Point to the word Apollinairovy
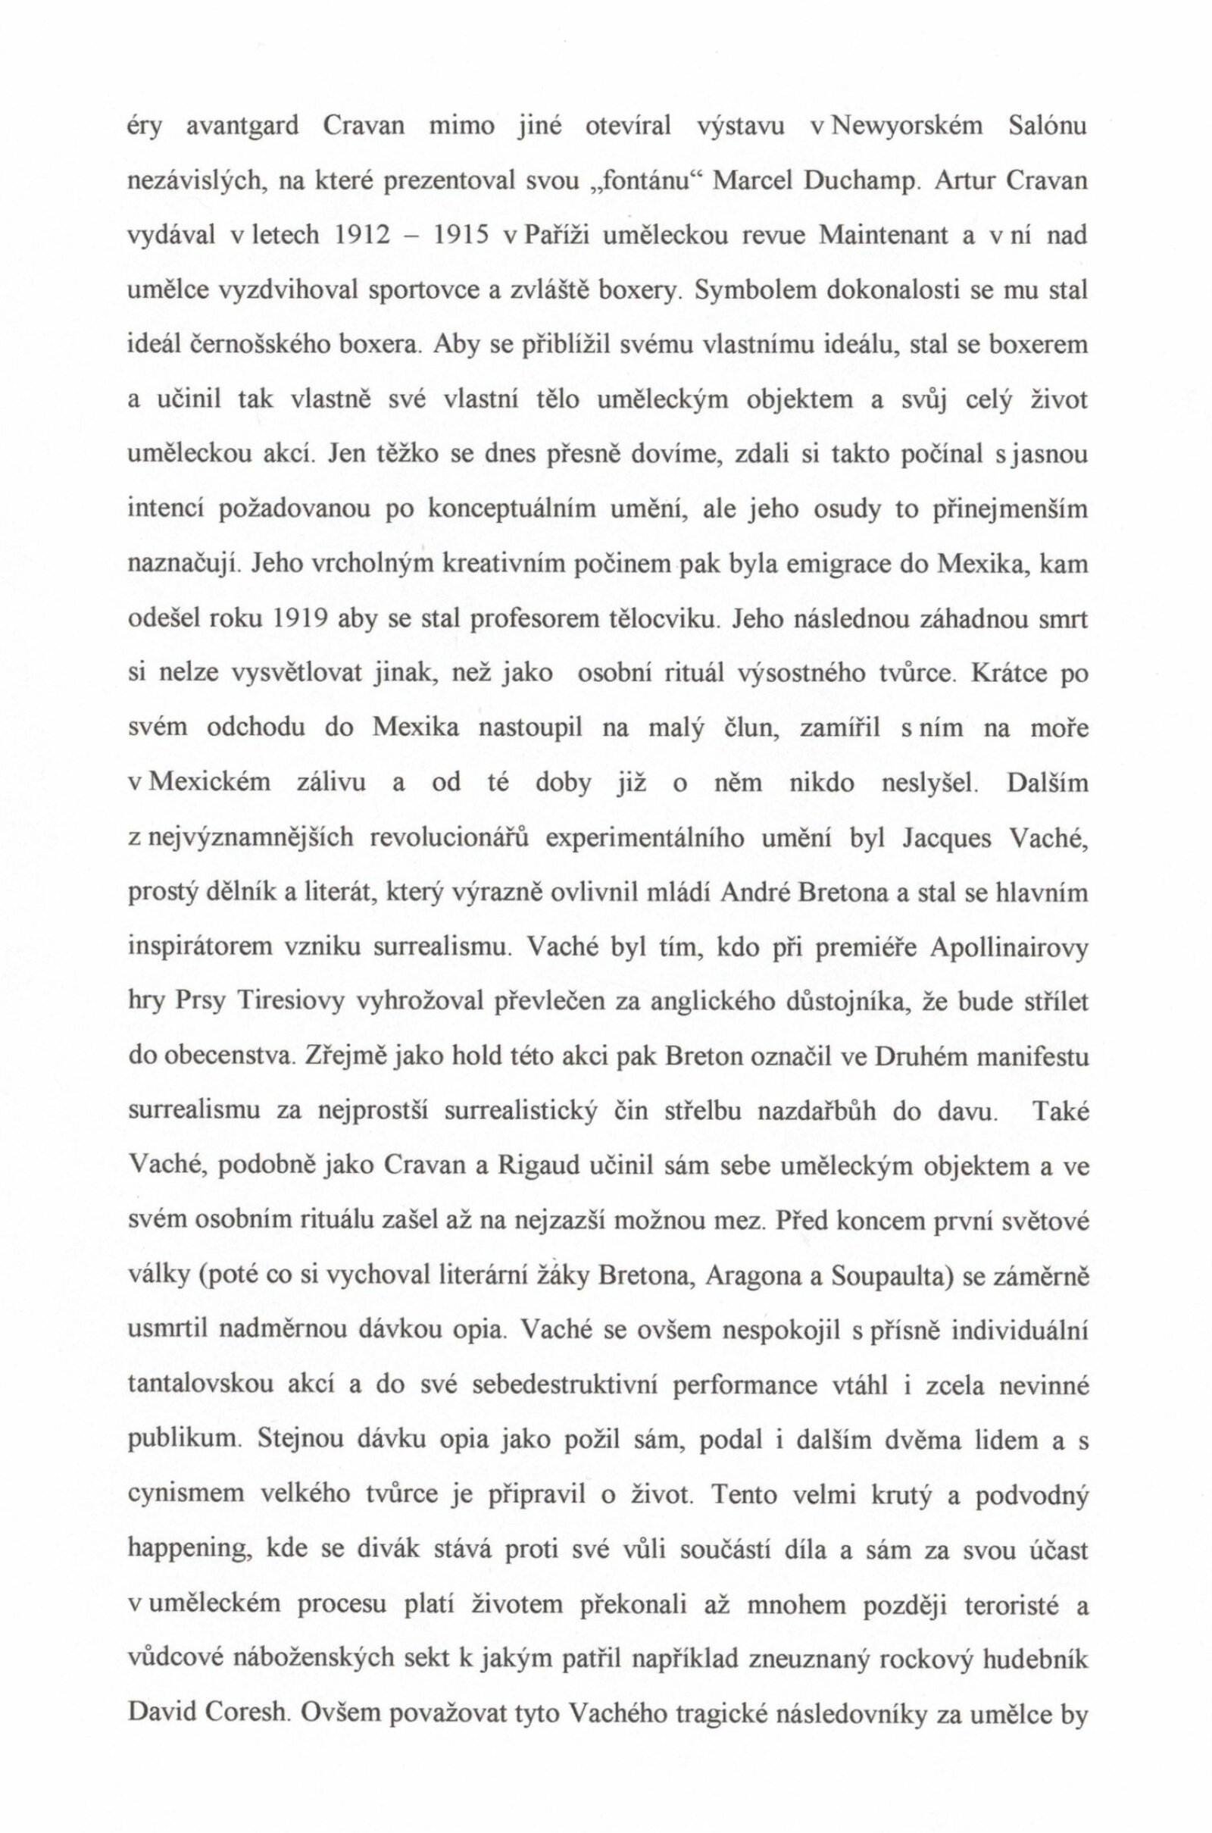pyautogui.click(x=1009, y=947)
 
